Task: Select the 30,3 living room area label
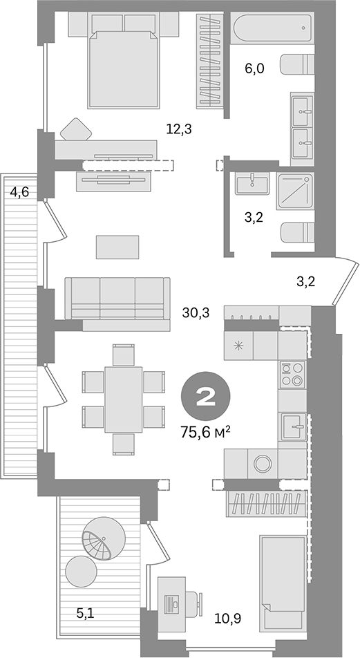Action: coord(196,312)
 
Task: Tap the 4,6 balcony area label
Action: coord(19,192)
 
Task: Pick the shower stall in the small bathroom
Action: coord(294,190)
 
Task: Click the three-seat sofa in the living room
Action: coord(117,299)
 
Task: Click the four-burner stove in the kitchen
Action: coord(292,373)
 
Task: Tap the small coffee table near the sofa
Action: coord(117,245)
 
